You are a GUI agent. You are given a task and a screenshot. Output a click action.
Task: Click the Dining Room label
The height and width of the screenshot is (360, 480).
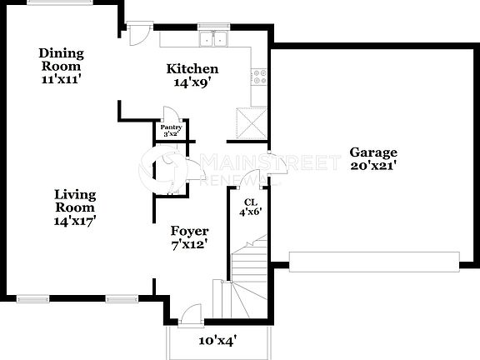pyautogui.click(x=61, y=59)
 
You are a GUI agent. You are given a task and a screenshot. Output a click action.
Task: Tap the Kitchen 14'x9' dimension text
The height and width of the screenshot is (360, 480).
pyautogui.click(x=192, y=82)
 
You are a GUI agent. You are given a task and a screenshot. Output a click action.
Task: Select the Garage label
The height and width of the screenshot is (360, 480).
pyautogui.click(x=372, y=152)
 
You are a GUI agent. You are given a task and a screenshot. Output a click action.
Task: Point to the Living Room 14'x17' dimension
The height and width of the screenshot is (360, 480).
pyautogui.click(x=76, y=221)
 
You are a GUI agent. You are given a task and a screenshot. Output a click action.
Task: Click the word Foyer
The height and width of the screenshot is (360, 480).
pyautogui.click(x=189, y=231)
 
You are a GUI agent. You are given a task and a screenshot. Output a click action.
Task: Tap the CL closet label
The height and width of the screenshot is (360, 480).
pyautogui.click(x=249, y=202)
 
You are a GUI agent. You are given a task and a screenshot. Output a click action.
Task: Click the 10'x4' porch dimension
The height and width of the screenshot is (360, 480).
pyautogui.click(x=217, y=340)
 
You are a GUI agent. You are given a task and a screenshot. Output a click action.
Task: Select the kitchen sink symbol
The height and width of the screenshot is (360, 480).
pyautogui.click(x=215, y=38)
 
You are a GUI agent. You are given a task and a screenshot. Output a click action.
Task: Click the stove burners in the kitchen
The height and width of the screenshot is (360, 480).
pyautogui.click(x=259, y=77)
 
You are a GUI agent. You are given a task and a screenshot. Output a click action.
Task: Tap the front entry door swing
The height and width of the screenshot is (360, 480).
pyautogui.click(x=191, y=314)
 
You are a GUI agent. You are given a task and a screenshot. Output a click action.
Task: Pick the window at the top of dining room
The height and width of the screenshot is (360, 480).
pyautogui.click(x=49, y=2)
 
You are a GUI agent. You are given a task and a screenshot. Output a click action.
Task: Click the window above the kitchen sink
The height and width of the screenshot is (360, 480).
pyautogui.click(x=214, y=26)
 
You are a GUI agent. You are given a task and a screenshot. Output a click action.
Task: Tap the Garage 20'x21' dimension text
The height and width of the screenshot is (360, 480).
pyautogui.click(x=372, y=165)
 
